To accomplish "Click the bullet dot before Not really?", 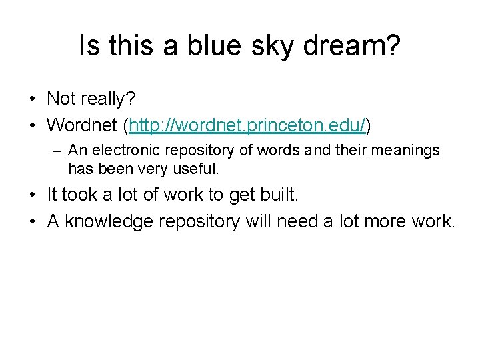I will pyautogui.click(x=32, y=99).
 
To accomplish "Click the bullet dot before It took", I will pyautogui.click(x=32, y=195).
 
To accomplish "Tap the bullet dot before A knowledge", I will pyautogui.click(x=32, y=221).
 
